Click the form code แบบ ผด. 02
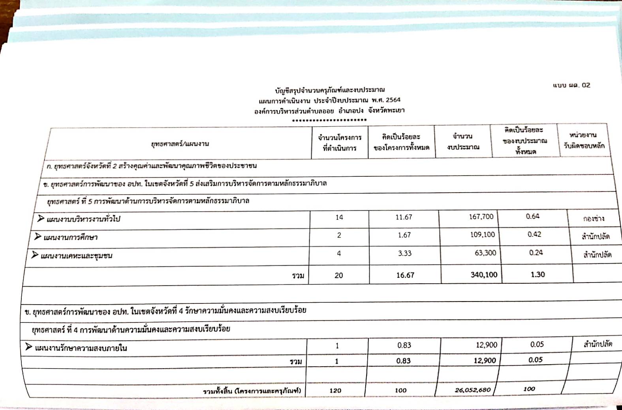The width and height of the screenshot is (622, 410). [571, 85]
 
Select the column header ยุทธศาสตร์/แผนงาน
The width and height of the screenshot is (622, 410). [180, 144]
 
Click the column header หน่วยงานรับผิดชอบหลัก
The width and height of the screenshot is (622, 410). [584, 140]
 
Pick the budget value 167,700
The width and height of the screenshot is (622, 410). [481, 217]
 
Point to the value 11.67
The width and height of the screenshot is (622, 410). [404, 217]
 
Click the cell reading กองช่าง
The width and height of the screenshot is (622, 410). [593, 219]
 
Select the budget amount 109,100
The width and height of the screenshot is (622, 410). [482, 235]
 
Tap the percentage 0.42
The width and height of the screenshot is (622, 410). [534, 234]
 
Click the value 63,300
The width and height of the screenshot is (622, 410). [485, 253]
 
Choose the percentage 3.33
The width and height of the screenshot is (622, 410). [404, 253]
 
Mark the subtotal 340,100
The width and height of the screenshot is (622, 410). [484, 275]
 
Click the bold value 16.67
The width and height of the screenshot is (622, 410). [405, 275]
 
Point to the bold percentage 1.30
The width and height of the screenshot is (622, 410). [537, 275]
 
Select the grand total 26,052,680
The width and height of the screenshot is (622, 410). [472, 390]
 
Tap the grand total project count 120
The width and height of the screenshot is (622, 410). [335, 390]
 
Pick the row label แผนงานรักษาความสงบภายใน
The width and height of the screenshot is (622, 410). [81, 348]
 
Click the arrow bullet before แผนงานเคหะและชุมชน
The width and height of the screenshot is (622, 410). [35, 255]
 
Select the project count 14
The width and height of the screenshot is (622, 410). [339, 217]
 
